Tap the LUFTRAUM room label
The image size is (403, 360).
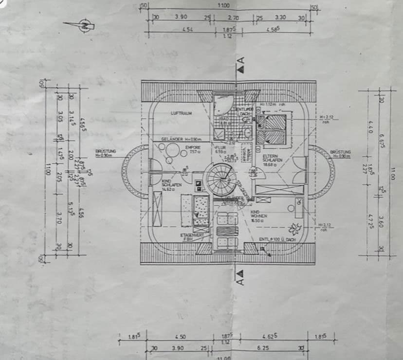(x=181, y=113)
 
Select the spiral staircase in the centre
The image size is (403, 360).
(x=218, y=179)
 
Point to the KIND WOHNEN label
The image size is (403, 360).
(x=258, y=216)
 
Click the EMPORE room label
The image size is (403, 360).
(x=190, y=149)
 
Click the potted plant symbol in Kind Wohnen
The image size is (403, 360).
(x=293, y=228)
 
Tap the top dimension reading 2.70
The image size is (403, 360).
(x=234, y=17)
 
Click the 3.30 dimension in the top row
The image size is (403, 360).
(x=280, y=17)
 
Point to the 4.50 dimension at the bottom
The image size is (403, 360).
(x=180, y=336)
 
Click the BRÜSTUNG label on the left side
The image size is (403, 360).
(x=105, y=153)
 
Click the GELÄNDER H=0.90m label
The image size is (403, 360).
(x=178, y=139)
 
